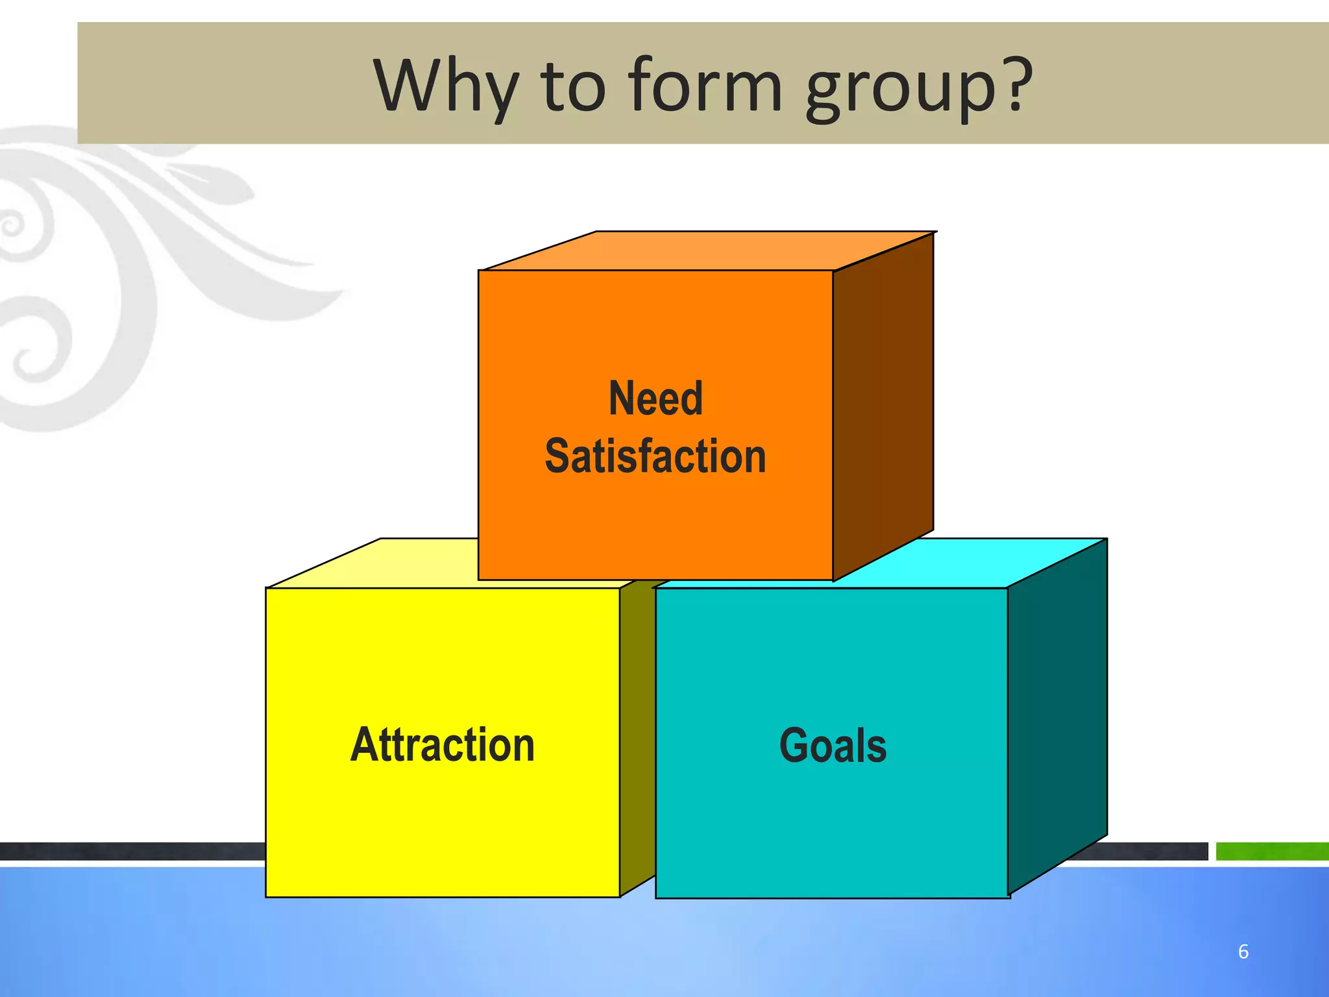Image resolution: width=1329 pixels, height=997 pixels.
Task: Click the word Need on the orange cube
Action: (655, 398)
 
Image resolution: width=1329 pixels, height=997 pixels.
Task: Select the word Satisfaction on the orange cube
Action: (655, 456)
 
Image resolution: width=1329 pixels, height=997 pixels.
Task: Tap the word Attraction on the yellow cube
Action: (443, 745)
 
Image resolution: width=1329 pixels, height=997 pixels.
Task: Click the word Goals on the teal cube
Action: (833, 745)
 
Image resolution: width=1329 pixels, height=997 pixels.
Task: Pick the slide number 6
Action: (1243, 952)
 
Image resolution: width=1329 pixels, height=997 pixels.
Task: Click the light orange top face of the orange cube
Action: (707, 251)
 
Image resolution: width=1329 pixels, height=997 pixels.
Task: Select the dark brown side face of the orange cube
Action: (883, 409)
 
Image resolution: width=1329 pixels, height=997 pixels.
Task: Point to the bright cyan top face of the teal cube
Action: (973, 562)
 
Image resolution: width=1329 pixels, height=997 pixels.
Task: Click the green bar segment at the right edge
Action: (1272, 851)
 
